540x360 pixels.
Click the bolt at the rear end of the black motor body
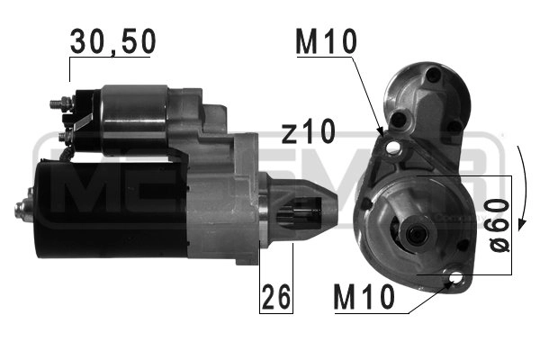pos(20,210)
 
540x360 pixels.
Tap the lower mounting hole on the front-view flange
pos(462,282)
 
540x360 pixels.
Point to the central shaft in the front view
pos(416,235)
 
